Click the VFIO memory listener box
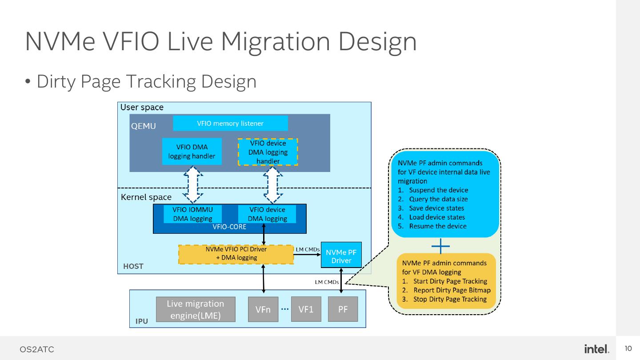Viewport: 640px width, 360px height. [230, 124]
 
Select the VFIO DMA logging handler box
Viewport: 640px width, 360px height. [192, 152]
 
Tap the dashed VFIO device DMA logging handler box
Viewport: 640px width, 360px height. [268, 152]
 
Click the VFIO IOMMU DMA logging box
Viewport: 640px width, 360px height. [192, 214]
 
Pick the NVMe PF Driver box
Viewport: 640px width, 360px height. [341, 256]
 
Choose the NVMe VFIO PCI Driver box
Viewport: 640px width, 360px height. [236, 254]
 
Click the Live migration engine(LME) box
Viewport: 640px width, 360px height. [196, 309]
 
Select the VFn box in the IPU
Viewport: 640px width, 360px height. [263, 309]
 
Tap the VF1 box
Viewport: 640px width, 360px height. [306, 309]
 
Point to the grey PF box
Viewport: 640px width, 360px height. [343, 309]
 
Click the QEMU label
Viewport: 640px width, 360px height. [144, 126]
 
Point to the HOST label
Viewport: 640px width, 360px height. [133, 266]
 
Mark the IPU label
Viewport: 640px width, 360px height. [142, 321]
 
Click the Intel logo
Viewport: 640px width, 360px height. [596, 349]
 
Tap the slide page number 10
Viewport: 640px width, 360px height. [628, 348]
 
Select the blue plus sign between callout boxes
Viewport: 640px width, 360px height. [440, 246]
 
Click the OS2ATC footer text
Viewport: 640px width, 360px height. [36, 349]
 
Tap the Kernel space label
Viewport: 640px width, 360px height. [146, 197]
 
